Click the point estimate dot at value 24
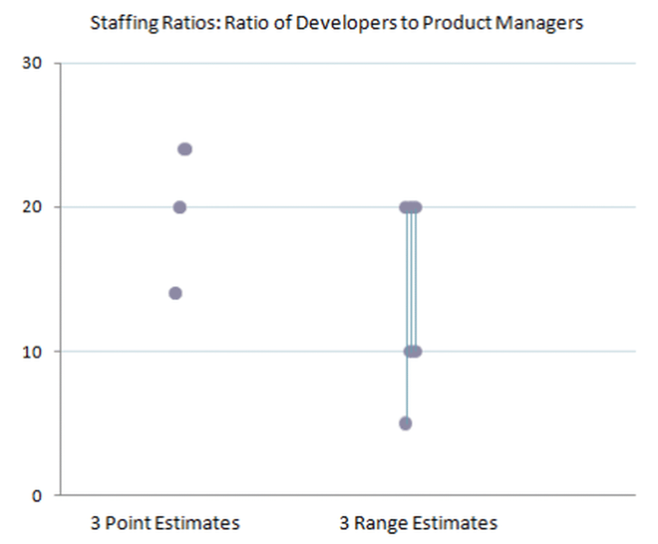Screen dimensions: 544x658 tap(185, 149)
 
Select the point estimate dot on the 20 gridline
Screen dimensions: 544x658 tap(179, 207)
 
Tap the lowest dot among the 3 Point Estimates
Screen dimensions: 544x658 tap(175, 293)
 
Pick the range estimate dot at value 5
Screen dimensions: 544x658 tap(406, 423)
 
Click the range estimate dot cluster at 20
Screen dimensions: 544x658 tap(411, 207)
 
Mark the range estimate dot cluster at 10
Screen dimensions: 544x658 tap(413, 351)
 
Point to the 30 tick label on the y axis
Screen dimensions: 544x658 tap(32, 63)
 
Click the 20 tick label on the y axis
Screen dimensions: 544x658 tap(32, 207)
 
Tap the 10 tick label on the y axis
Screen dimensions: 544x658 tap(32, 352)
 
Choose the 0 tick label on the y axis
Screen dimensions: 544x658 tap(36, 496)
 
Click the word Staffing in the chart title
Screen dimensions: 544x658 tap(124, 24)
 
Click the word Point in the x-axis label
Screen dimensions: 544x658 tap(127, 523)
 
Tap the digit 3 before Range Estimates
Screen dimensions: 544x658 tap(344, 523)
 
